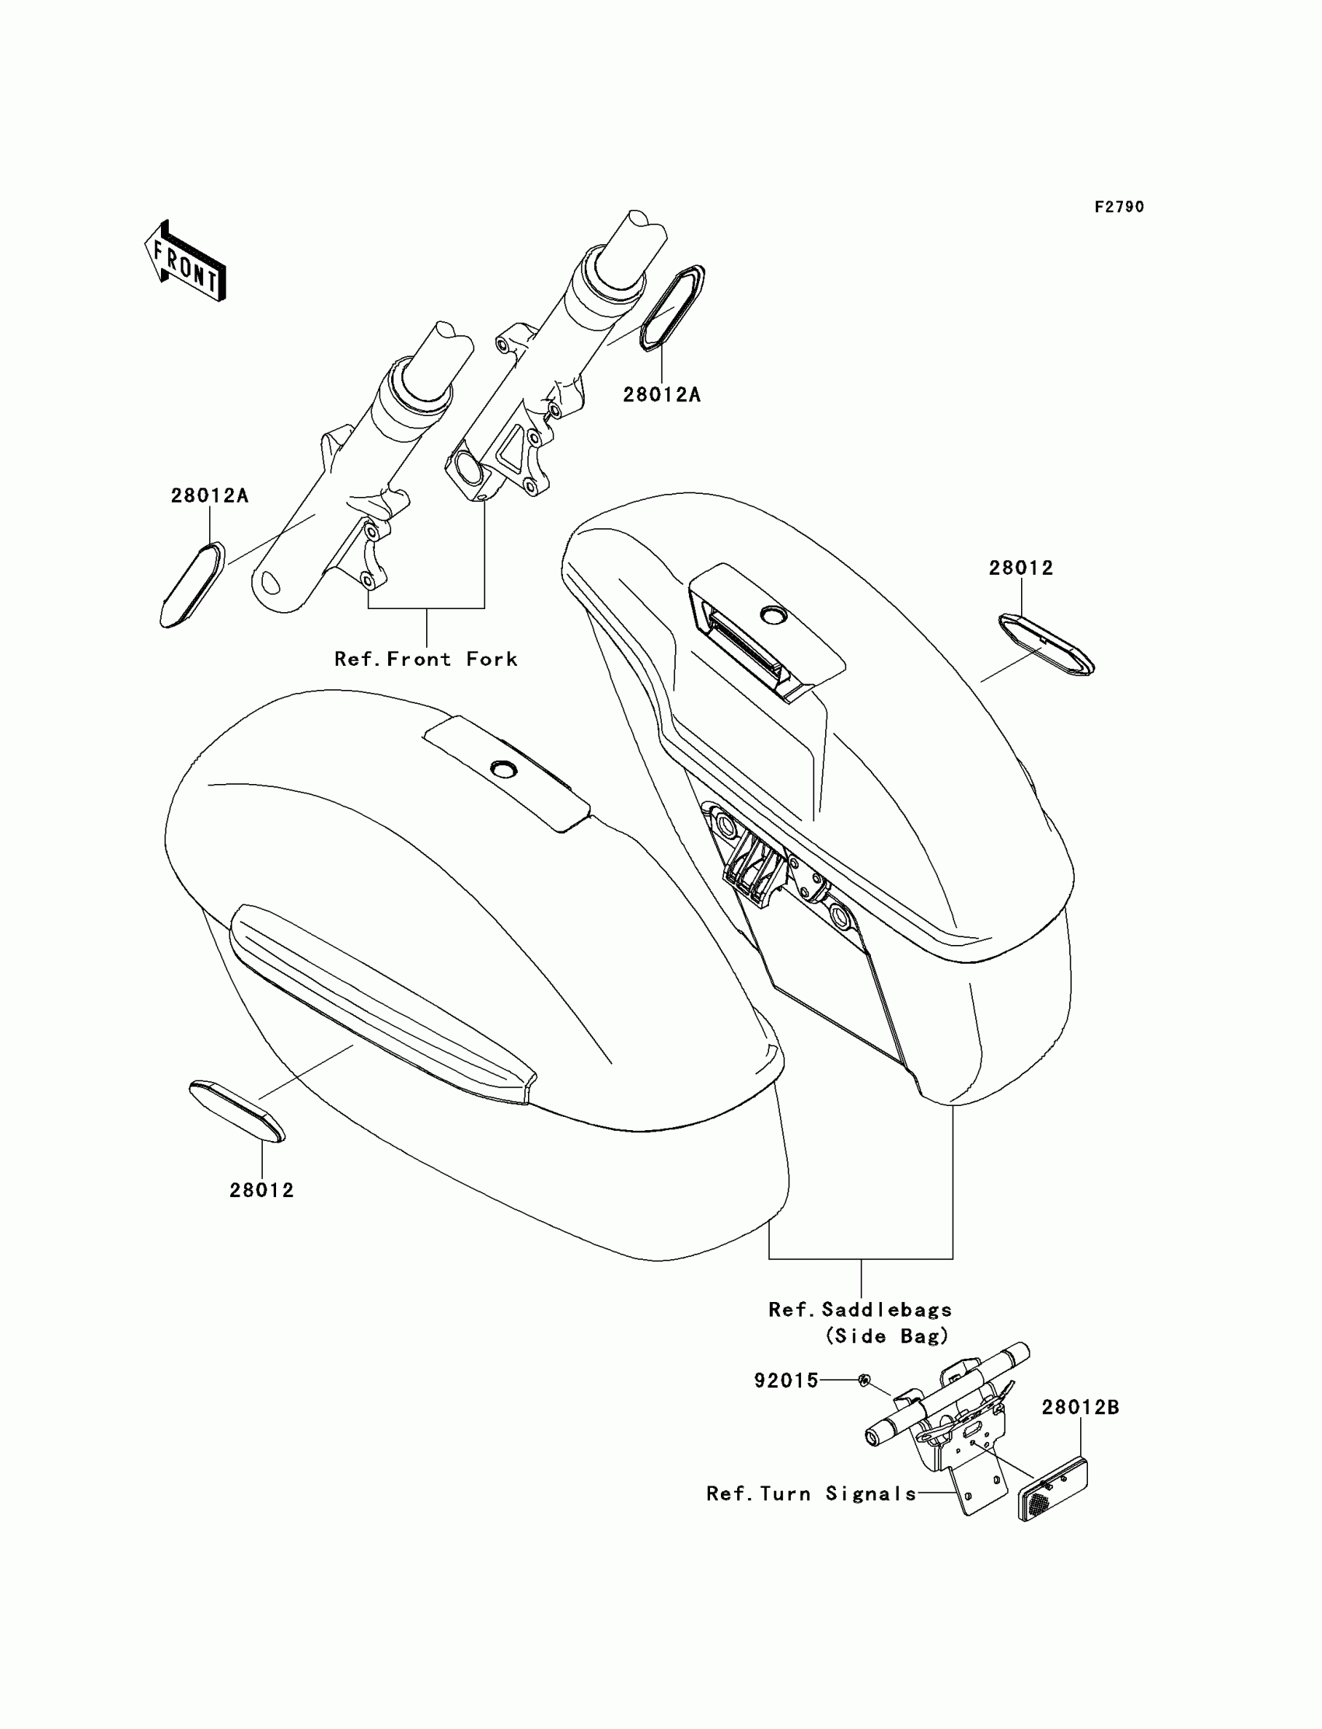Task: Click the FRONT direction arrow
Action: point(186,261)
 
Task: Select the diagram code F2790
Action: point(1119,207)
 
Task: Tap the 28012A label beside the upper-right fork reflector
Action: point(661,394)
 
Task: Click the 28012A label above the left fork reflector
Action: point(209,495)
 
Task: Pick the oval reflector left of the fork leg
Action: point(193,584)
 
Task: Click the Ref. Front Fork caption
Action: point(425,659)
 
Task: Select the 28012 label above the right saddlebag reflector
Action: point(1020,568)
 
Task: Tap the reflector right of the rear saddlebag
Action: point(1046,646)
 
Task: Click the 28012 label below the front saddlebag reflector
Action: point(261,1190)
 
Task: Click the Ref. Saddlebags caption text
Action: point(860,1310)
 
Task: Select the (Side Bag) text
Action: point(887,1336)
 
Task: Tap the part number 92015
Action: point(786,1381)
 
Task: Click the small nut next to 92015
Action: point(863,1380)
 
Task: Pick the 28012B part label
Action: point(1079,1407)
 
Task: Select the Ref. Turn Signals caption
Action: point(811,1493)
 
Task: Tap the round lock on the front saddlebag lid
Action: point(502,768)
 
